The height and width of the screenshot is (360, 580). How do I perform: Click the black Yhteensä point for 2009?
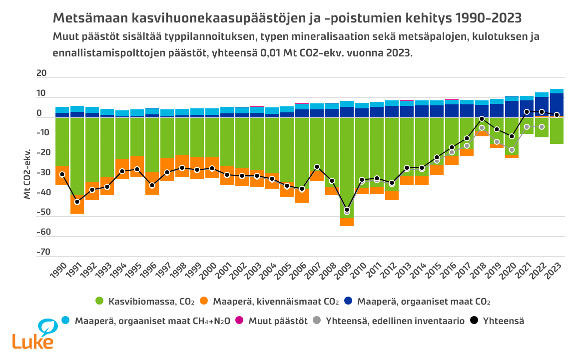pyautogui.click(x=347, y=210)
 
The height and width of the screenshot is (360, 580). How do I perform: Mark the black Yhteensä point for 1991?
pyautogui.click(x=77, y=202)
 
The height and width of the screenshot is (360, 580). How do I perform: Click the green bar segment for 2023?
pyautogui.click(x=557, y=131)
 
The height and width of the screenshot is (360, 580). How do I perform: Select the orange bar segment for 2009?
pyautogui.click(x=347, y=222)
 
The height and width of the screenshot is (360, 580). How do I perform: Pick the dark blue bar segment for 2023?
pyautogui.click(x=557, y=105)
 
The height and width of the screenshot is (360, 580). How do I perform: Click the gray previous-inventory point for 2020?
pyautogui.click(x=512, y=150)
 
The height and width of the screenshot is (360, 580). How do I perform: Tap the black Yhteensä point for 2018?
pyautogui.click(x=482, y=119)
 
